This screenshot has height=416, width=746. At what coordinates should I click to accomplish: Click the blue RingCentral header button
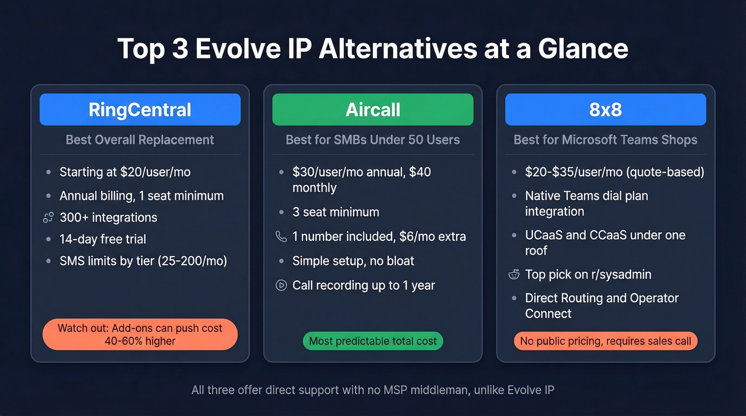[x=140, y=110]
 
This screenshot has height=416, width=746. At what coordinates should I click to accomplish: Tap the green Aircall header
[x=372, y=110]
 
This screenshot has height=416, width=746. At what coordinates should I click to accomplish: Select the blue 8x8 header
[x=605, y=110]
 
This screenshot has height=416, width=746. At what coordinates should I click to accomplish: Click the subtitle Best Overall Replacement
[x=140, y=140]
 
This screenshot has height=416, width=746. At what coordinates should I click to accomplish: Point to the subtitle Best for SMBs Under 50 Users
[x=372, y=140]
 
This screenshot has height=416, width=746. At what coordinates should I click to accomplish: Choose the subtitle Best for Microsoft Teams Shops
[x=605, y=140]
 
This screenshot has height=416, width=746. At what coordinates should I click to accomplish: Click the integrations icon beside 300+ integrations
[x=48, y=217]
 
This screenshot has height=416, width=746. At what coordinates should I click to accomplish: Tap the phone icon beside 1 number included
[x=281, y=236]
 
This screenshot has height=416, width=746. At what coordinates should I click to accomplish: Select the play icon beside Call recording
[x=281, y=286]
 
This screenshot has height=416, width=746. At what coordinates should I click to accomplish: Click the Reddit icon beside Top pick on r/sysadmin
[x=514, y=275]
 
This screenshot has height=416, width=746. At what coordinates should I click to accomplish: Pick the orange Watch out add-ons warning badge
[x=140, y=335]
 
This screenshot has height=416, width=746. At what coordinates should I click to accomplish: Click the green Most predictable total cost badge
[x=372, y=341]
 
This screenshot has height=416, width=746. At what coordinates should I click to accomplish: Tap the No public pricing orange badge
[x=605, y=341]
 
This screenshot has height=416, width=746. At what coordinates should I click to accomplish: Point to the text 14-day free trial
[x=103, y=239]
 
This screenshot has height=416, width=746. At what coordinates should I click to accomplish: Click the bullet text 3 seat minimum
[x=336, y=212]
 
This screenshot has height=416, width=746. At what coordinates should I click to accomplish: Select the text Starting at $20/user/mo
[x=125, y=172]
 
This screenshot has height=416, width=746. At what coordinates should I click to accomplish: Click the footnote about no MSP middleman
[x=372, y=390]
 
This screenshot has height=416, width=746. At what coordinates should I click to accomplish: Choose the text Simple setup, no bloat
[x=353, y=261]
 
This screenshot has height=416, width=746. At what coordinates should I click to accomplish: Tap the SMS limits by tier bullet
[x=143, y=261]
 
